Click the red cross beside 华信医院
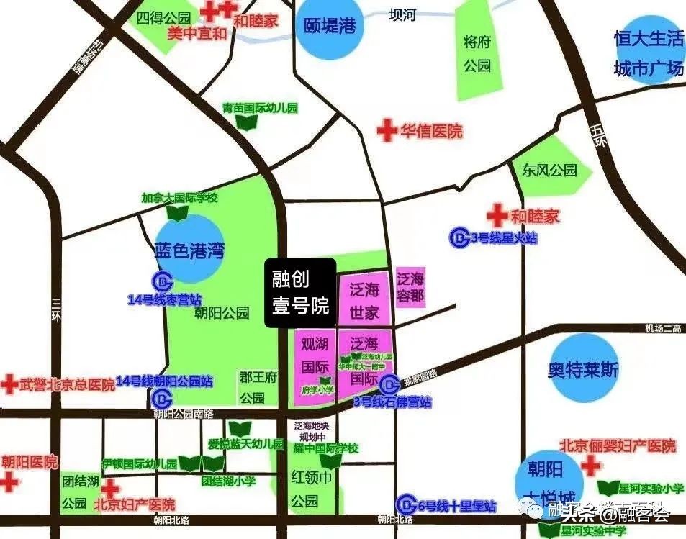(387, 131)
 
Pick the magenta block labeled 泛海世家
(364, 301)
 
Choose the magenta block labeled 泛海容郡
(411, 288)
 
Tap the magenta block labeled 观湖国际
(314, 363)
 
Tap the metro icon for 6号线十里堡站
(408, 503)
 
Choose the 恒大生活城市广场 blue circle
(646, 52)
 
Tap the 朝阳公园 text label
(221, 313)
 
